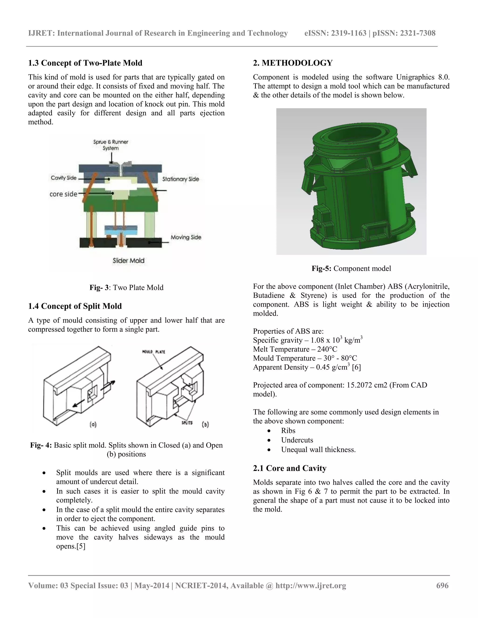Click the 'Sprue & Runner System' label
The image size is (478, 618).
coord(111,145)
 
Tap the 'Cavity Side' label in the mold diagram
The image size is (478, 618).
coord(64,178)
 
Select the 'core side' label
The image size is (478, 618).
coord(63,194)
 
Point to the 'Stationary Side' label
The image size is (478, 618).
coord(181,179)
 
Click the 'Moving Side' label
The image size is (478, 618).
coord(186,237)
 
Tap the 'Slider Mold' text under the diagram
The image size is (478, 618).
coord(129,261)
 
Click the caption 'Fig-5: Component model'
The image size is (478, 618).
coord(351,268)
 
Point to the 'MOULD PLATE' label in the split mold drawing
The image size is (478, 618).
coord(154,352)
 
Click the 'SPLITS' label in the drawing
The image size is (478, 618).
coord(187,423)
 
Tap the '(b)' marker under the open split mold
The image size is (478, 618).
coord(206,424)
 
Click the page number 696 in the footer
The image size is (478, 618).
coord(442,585)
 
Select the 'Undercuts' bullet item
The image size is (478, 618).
coord(297,440)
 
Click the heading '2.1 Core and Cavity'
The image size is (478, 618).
coord(290,468)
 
